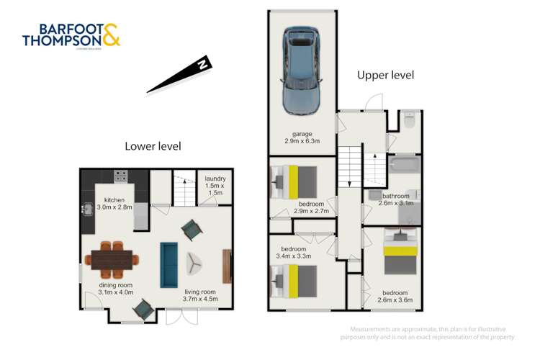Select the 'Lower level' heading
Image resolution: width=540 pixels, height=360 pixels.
pyautogui.click(x=153, y=146)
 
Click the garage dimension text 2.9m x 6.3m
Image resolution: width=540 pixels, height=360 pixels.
pyautogui.click(x=302, y=138)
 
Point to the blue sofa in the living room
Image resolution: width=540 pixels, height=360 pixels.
pyautogui.click(x=169, y=262)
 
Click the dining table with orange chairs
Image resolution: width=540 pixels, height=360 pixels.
pyautogui.click(x=113, y=258)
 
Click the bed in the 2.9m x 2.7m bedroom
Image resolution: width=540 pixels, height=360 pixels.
pyautogui.click(x=294, y=181)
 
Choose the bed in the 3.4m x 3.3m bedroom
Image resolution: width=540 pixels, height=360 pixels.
pyautogui.click(x=294, y=279)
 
